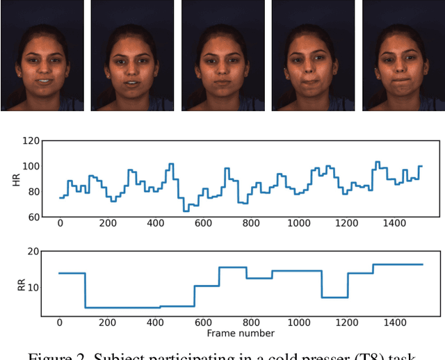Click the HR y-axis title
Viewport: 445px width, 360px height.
16,179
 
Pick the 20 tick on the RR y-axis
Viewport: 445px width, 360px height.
32,251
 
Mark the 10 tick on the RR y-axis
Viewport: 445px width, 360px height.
32,287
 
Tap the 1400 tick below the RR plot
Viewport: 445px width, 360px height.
394,323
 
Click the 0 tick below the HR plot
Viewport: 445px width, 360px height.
60,223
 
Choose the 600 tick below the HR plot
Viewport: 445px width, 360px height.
203,223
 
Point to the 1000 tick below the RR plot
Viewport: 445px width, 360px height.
298,323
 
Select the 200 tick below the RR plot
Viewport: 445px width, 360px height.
107,323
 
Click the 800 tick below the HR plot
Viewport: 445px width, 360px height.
250,223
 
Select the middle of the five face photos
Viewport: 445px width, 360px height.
223,56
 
